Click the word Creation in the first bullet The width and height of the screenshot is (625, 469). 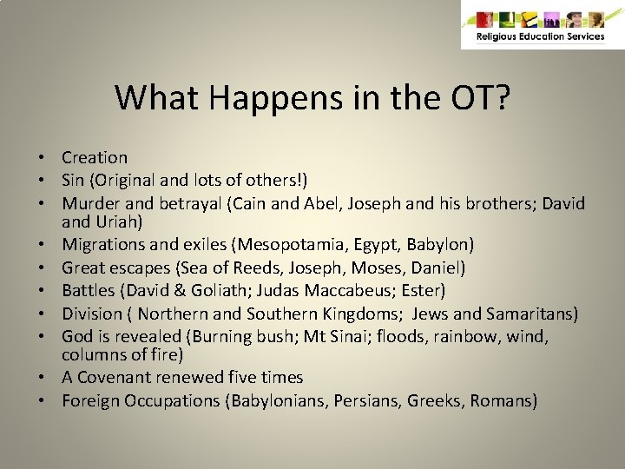point(95,157)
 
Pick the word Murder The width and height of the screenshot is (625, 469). point(89,202)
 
